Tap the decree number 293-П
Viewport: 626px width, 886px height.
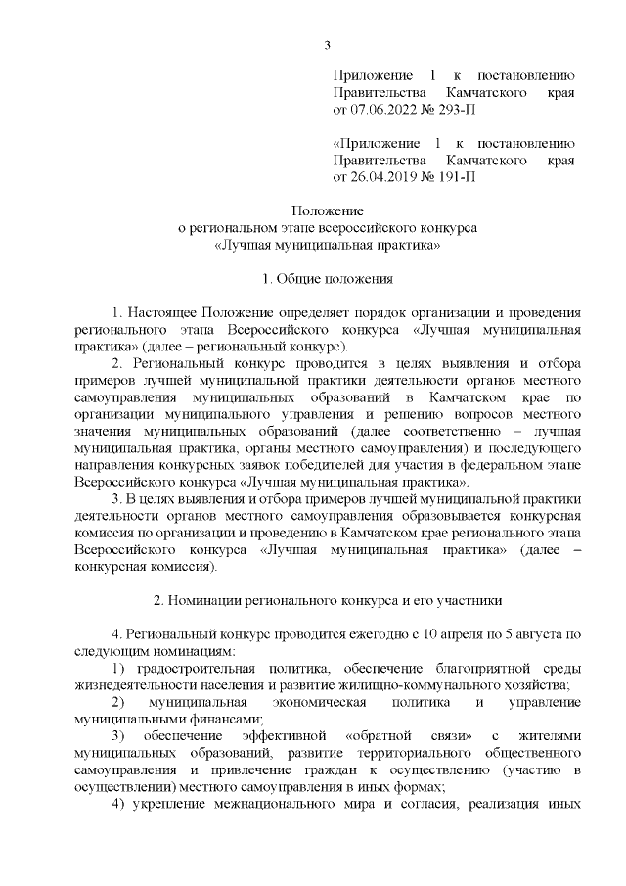(458, 110)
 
